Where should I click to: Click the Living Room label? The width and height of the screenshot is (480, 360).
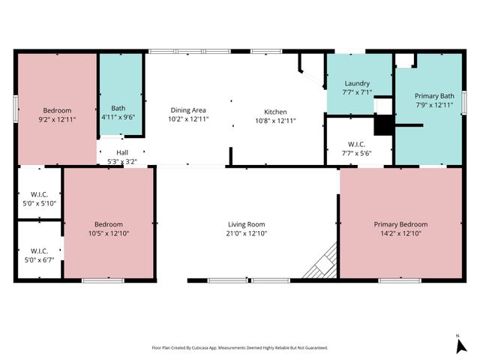point(247,224)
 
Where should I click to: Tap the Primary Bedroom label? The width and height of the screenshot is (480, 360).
point(400,224)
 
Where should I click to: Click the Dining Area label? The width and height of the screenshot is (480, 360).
point(187,110)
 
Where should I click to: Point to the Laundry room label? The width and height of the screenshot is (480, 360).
point(357,83)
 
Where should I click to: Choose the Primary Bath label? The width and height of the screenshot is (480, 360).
point(434,96)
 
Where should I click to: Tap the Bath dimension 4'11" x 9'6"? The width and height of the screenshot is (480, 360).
point(118,117)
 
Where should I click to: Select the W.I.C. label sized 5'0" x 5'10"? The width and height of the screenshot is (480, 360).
point(38,194)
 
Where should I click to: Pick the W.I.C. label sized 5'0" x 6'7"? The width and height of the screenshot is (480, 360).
point(38,250)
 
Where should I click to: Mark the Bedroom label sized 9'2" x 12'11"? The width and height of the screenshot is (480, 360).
point(56,110)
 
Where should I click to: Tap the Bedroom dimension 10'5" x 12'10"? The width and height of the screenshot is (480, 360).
point(108,233)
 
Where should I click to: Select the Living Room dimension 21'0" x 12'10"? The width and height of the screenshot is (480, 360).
point(247,233)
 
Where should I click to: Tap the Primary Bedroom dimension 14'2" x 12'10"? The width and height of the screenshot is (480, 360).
point(400,233)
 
